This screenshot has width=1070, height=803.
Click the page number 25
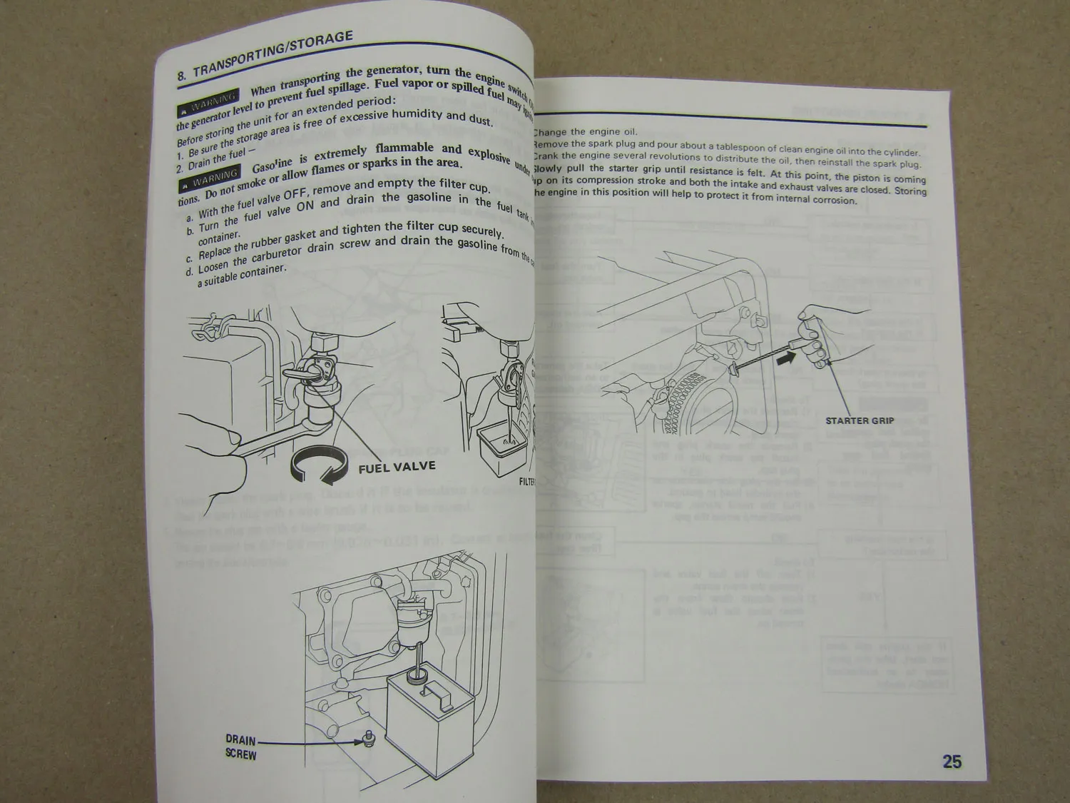pos(952,762)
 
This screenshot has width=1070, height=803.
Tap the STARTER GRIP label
pos(859,420)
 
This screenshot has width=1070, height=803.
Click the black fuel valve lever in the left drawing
pos(295,375)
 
